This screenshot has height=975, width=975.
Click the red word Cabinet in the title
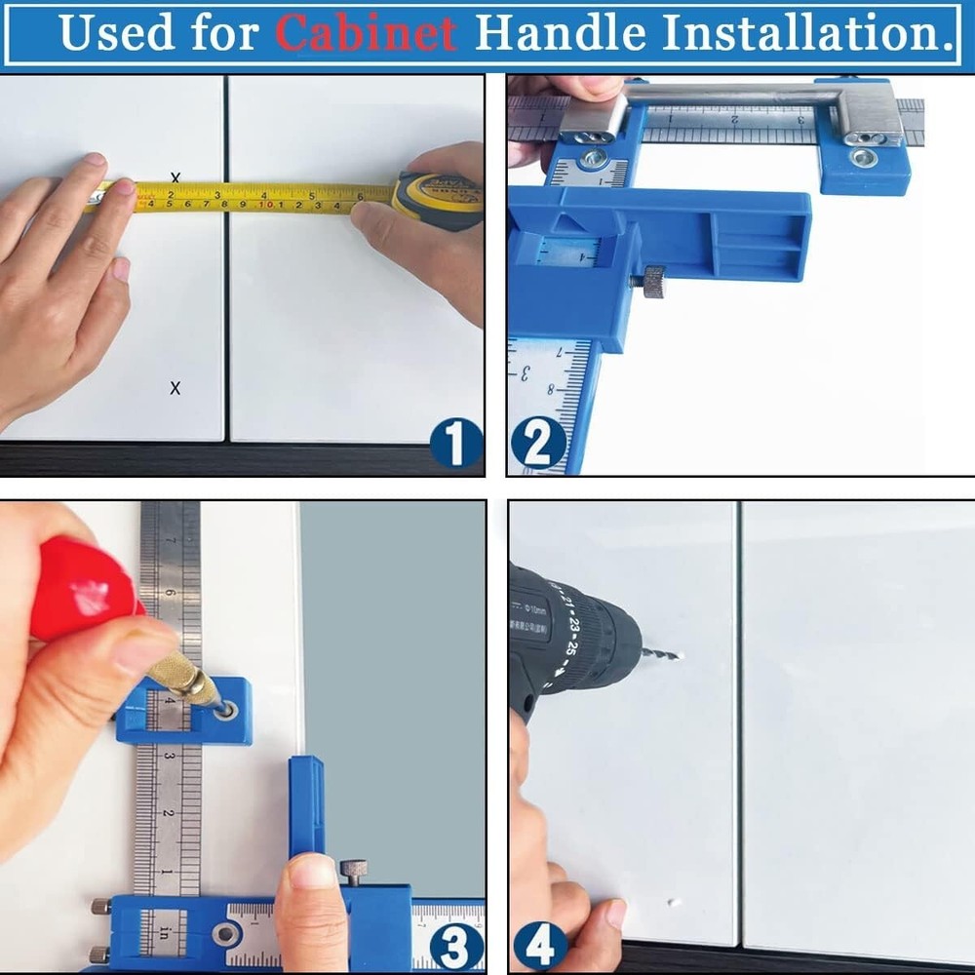click(366, 32)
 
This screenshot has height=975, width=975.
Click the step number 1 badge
click(455, 444)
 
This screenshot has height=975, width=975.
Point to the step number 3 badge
click(455, 943)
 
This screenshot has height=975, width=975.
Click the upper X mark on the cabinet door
click(175, 177)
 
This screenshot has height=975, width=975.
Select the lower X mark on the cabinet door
click(175, 388)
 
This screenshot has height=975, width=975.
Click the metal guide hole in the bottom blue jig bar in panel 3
click(226, 934)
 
